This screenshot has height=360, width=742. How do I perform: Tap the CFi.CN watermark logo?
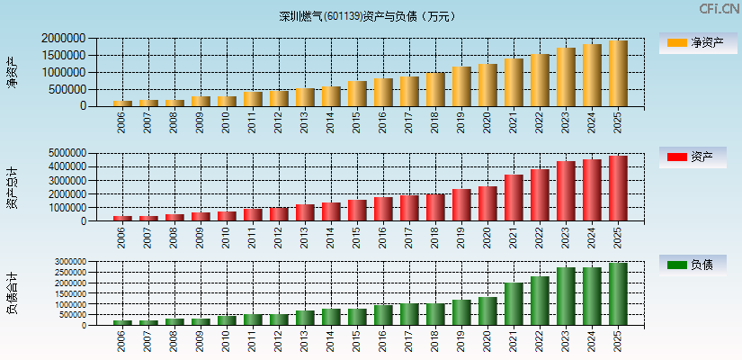point(719,9)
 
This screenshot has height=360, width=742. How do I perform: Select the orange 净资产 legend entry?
point(699,43)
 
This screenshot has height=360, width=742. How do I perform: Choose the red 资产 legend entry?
point(699,157)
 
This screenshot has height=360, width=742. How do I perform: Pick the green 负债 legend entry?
point(699,265)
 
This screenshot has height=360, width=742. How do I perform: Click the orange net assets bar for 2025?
point(618,74)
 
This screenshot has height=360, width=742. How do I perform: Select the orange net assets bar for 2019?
point(461,86)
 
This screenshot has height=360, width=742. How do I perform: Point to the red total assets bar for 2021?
point(514,198)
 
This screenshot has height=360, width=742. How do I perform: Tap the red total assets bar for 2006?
point(122,218)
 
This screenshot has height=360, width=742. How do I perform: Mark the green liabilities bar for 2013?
point(305,318)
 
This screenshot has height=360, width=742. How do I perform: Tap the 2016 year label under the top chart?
point(383,121)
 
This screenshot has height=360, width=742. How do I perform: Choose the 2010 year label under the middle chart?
point(227,236)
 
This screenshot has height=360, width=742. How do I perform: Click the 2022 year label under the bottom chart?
point(540,341)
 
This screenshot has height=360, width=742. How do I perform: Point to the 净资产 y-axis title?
point(13,72)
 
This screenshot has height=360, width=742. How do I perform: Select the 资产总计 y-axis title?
point(13,187)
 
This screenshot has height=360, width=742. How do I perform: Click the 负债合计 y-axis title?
point(13,293)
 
